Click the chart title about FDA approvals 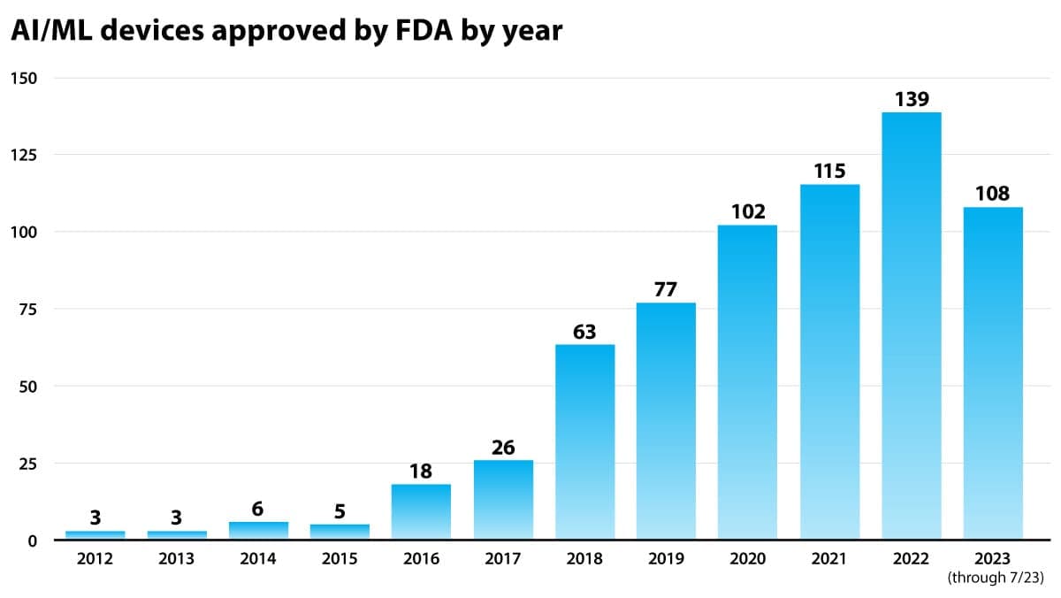286,30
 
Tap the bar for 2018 584,441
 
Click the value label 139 912,99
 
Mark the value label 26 503,448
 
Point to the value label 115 829,171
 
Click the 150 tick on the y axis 24,78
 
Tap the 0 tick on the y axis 32,540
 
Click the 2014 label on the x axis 258,559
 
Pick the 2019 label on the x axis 666,559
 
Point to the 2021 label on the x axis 829,559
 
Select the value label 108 992,194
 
